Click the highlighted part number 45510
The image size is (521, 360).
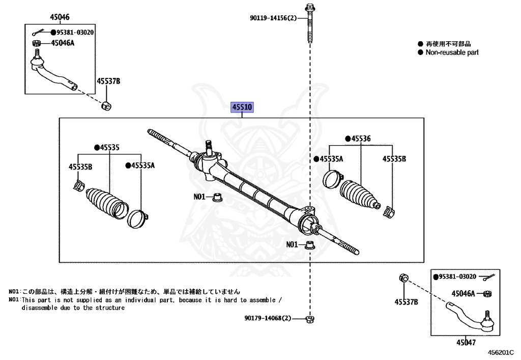tap(242, 108)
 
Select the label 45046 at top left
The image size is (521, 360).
tap(59, 17)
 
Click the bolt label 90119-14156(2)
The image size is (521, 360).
tap(273, 18)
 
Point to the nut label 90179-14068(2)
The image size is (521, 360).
tap(267, 318)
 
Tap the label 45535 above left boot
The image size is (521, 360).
tap(108, 148)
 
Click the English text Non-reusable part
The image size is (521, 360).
tap(452, 52)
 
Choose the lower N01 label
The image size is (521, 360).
tap(292, 244)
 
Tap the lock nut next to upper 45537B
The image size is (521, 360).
tap(107, 106)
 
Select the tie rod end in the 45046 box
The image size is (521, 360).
tap(51, 73)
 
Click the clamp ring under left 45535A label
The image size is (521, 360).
tap(138, 217)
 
